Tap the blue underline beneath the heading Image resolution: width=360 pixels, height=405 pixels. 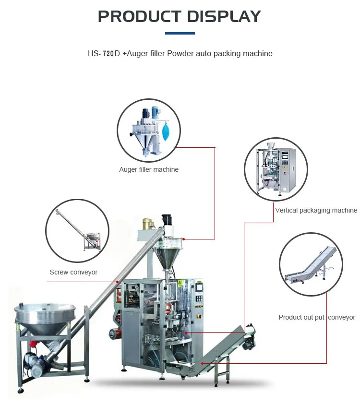click(x=180, y=34)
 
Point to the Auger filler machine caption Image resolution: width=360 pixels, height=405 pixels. click(x=149, y=169)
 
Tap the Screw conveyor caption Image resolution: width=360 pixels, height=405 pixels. click(x=73, y=272)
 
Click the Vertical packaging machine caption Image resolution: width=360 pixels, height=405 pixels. click(x=316, y=210)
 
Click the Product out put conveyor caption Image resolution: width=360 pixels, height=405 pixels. click(x=317, y=317)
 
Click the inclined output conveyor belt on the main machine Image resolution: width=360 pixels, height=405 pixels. click(x=226, y=345)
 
